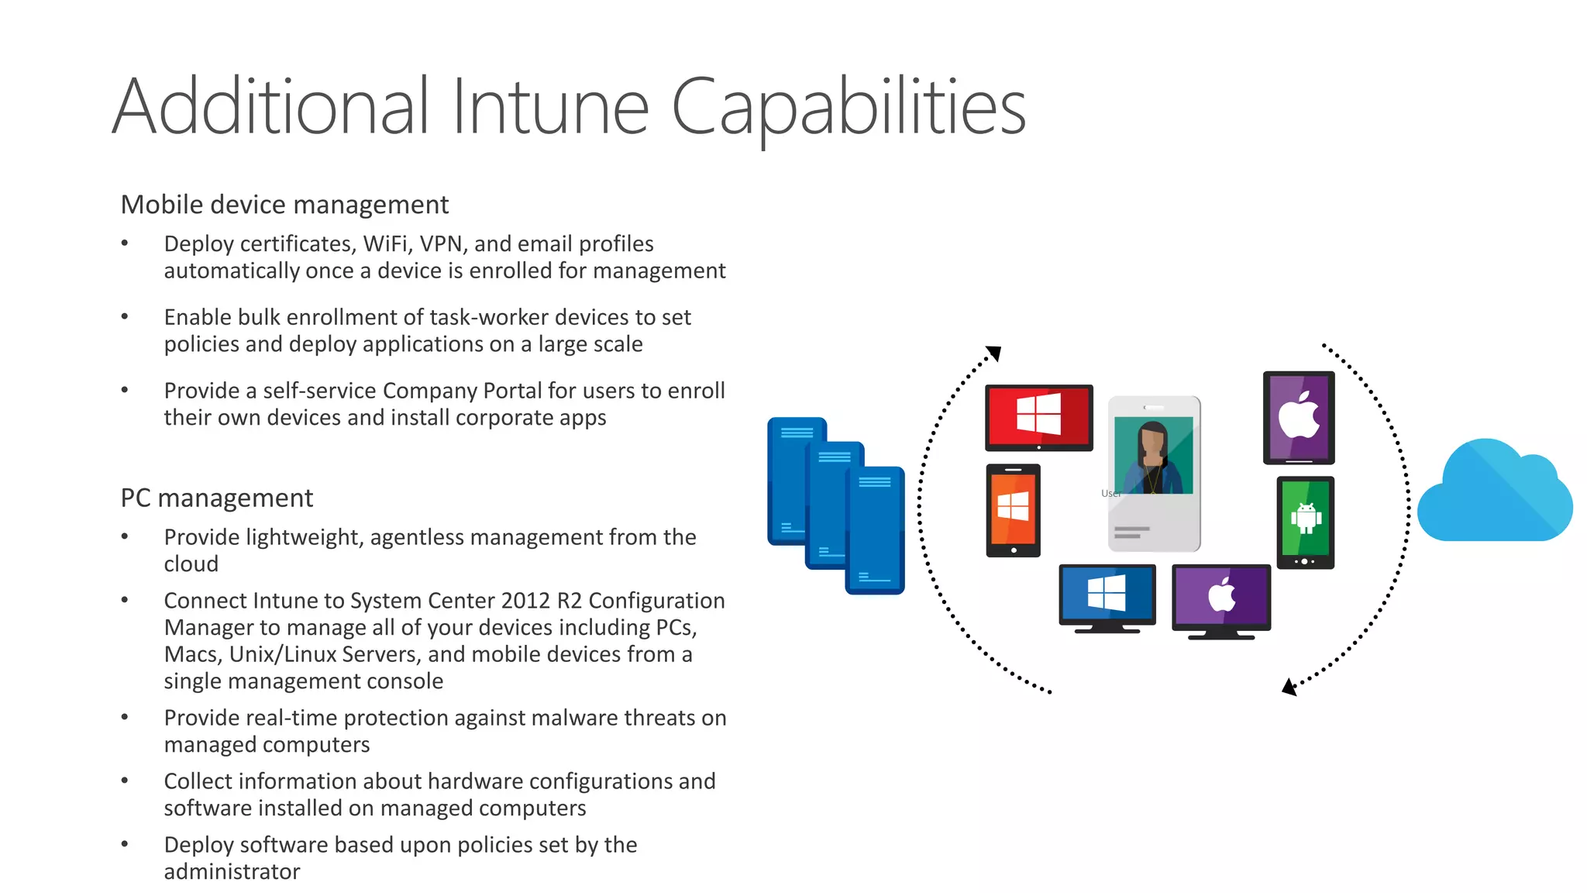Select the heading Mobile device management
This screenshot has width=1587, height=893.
[284, 205]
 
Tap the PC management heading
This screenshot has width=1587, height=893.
[216, 498]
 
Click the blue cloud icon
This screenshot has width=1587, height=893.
[1493, 492]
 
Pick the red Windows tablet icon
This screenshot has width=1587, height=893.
[1038, 416]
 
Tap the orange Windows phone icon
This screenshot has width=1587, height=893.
[1013, 510]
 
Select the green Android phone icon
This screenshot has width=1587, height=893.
[1306, 521]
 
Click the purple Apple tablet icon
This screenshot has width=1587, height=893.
[1299, 418]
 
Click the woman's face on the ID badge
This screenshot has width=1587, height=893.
[1152, 443]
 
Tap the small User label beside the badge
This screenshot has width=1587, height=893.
[1110, 493]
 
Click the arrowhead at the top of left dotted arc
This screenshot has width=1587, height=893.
[994, 353]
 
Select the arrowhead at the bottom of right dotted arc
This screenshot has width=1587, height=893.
[1289, 687]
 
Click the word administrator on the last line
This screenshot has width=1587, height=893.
[232, 871]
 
